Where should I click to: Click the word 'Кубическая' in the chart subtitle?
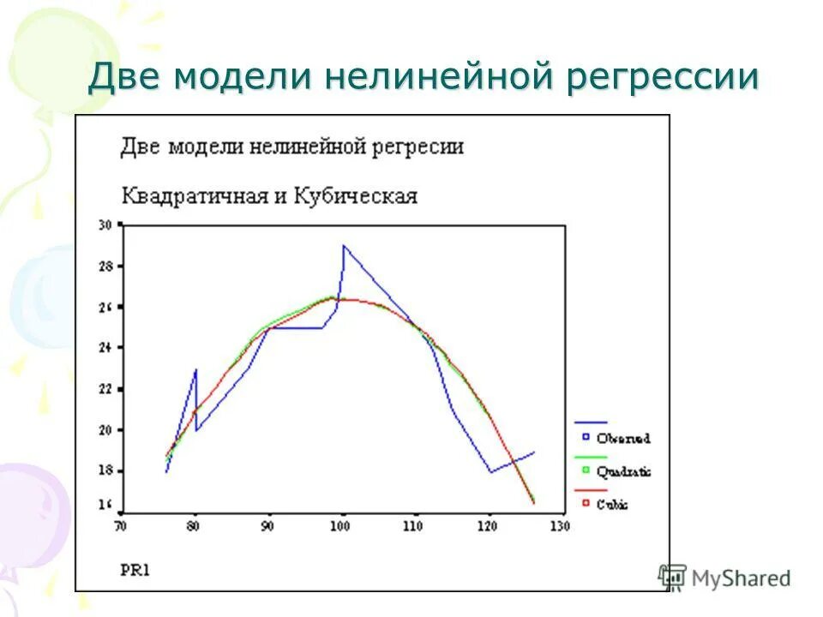tap(356, 196)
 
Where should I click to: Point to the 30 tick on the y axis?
tap(105, 225)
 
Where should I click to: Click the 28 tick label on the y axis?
tap(105, 267)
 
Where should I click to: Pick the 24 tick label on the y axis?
tap(105, 348)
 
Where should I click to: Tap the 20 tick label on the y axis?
tap(105, 430)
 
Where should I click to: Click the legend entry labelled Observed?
tap(623, 439)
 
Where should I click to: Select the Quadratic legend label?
tap(623, 471)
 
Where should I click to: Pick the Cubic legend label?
tap(614, 505)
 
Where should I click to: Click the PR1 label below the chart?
tap(134, 568)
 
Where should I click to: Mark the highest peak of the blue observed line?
tap(344, 246)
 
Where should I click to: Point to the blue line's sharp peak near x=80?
tap(196, 370)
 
